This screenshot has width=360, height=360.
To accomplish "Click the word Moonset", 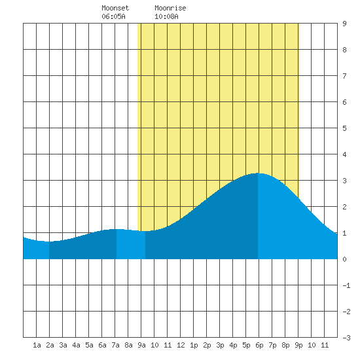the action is [115, 8].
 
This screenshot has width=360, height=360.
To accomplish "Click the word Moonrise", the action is [170, 8].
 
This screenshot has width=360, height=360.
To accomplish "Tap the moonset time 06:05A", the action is [113, 16].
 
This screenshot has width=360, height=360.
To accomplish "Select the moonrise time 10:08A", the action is [166, 16].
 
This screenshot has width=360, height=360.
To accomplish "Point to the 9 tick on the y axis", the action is [344, 24].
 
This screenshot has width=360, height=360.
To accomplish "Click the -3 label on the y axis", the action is [346, 338].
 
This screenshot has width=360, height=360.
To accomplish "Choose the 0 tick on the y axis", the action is [344, 259].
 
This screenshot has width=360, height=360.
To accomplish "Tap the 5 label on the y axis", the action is [344, 128].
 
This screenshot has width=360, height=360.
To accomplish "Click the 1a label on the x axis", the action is [37, 345].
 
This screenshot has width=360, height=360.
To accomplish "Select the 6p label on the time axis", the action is [259, 345].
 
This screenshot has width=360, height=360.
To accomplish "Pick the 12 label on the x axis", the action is [181, 345].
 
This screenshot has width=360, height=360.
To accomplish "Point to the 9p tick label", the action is [298, 345].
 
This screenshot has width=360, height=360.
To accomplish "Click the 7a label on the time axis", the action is [115, 345].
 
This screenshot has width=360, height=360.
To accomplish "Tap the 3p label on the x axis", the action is [220, 345].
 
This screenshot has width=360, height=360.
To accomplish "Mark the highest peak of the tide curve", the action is [258, 173].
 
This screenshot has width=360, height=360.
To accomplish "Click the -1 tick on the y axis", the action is [346, 285].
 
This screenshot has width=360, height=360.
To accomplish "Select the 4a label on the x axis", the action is [76, 345].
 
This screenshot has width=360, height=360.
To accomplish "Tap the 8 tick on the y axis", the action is [344, 50].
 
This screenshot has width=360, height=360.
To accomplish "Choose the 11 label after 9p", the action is [325, 345].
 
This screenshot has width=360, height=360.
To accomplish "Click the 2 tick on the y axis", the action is [344, 207].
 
